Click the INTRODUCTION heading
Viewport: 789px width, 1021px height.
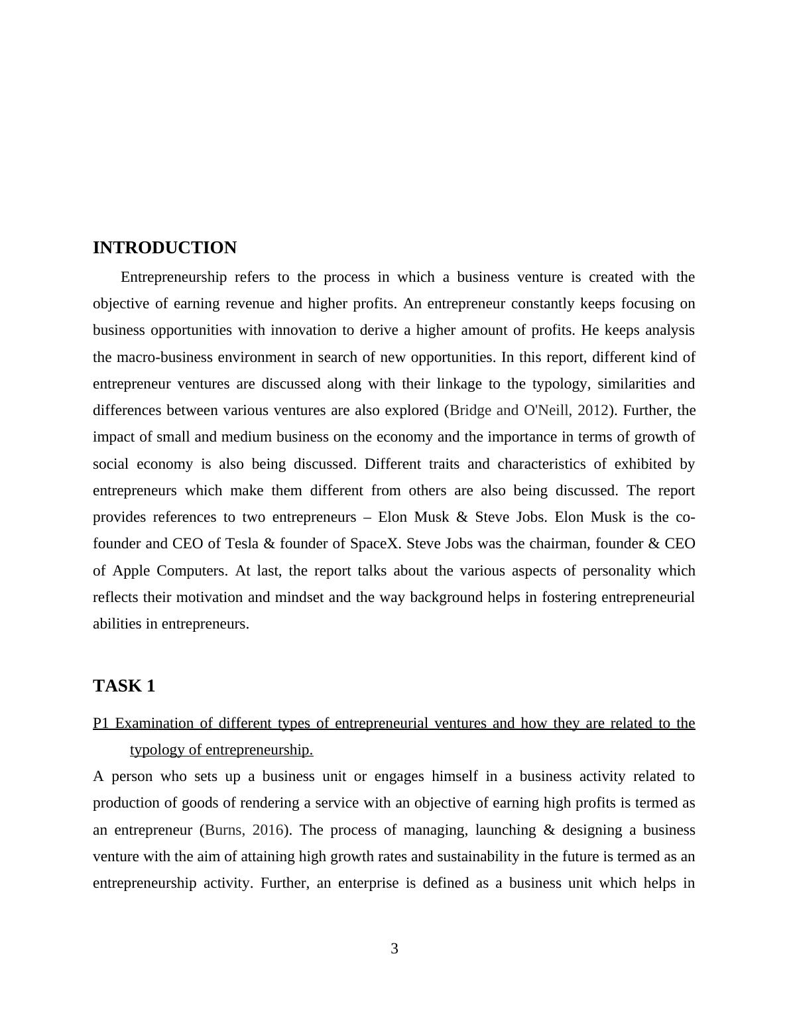tap(164, 248)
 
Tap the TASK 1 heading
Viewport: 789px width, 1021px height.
tap(124, 686)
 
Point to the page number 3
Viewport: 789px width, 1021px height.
tap(394, 949)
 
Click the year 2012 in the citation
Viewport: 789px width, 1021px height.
tap(593, 410)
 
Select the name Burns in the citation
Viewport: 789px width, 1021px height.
tap(225, 830)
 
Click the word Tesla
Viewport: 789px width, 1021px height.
tap(242, 544)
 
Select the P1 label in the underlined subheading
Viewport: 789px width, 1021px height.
tap(100, 723)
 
